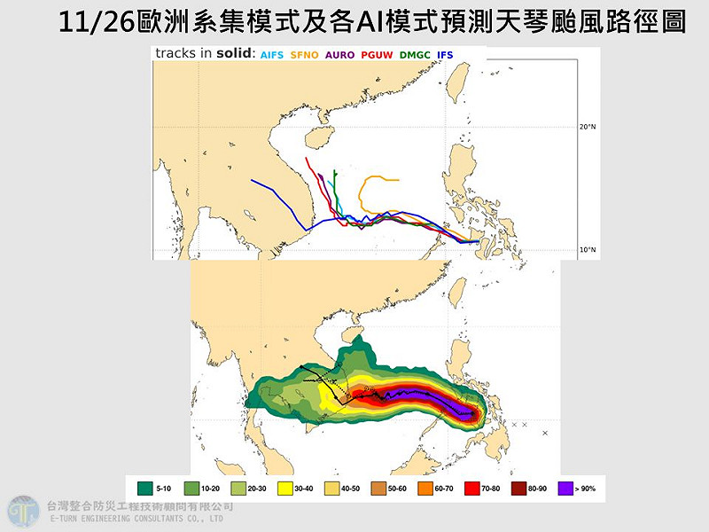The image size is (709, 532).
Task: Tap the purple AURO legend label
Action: (x=341, y=55)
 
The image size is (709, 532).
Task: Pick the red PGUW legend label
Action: (x=378, y=55)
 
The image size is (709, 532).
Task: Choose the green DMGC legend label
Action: (x=415, y=55)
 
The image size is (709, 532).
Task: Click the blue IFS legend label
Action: (x=445, y=55)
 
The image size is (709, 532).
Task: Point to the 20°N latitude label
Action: (x=588, y=127)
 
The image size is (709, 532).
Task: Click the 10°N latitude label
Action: (x=588, y=250)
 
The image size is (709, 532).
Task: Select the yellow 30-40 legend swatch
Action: (x=285, y=488)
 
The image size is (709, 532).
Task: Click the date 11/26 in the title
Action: (x=86, y=22)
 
